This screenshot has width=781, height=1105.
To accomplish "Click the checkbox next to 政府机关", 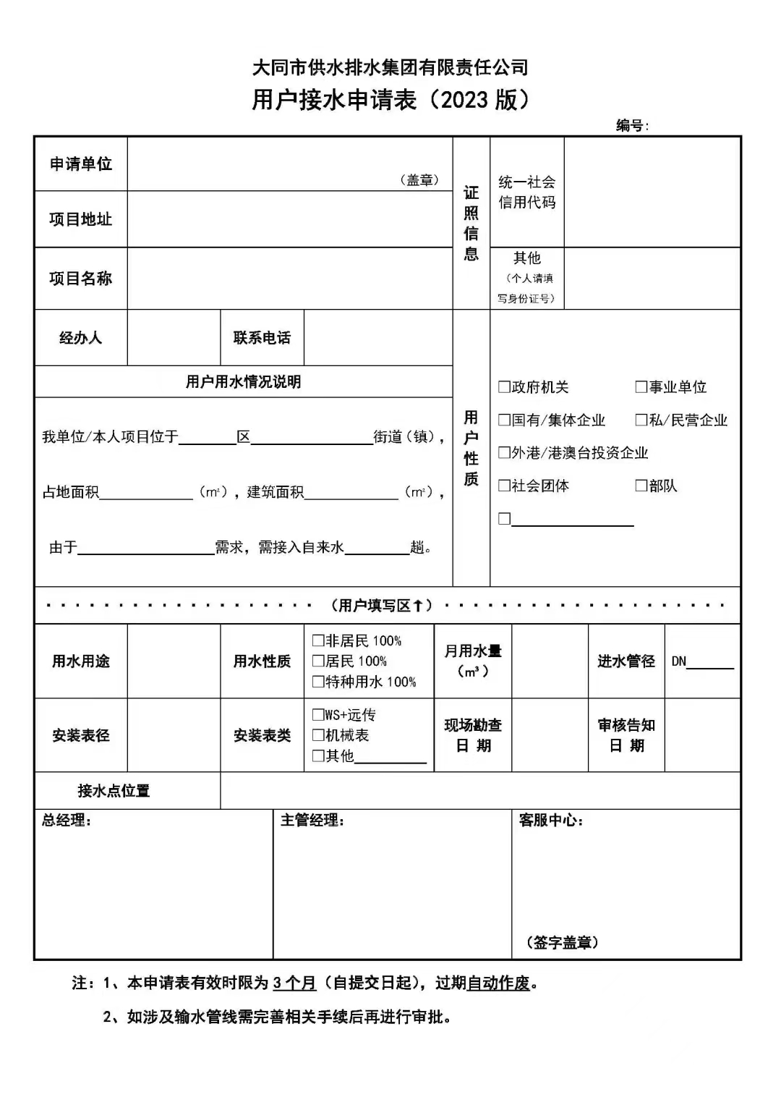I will (x=504, y=387).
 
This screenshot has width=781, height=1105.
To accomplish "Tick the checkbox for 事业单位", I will (x=641, y=387).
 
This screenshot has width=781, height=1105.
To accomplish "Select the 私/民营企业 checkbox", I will (x=641, y=420).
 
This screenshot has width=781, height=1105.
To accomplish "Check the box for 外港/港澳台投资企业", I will (x=504, y=452).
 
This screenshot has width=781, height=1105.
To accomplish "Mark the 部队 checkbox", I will (x=641, y=486).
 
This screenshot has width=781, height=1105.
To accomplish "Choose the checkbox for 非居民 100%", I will (x=317, y=640).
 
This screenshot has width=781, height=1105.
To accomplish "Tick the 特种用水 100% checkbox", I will (x=317, y=682).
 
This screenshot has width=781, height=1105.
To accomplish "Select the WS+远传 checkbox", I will (x=317, y=715).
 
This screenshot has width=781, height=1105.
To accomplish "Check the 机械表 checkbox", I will (x=317, y=735).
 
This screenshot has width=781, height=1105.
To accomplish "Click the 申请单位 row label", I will (x=80, y=164).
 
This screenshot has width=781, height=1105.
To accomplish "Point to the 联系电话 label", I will (x=262, y=338).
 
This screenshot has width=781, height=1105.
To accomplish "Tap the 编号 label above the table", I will (x=631, y=125).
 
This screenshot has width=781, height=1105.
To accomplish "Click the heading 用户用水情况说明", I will (x=243, y=382).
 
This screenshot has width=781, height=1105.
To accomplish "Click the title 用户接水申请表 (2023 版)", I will (x=390, y=100).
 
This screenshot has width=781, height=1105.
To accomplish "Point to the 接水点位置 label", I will (x=114, y=791).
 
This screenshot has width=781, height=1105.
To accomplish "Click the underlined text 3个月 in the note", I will (x=294, y=983).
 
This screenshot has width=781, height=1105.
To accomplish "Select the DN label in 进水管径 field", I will (x=678, y=661).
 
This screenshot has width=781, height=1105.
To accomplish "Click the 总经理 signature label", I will (x=65, y=821).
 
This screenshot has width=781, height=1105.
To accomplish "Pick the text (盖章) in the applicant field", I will (x=419, y=180).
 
